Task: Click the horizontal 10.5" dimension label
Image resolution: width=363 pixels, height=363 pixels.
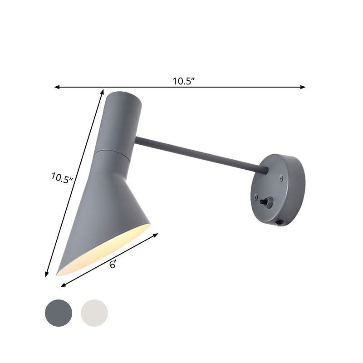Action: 183,81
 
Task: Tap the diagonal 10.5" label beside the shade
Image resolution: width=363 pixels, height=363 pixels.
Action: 62,177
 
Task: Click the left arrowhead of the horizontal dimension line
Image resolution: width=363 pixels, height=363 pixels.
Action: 56,87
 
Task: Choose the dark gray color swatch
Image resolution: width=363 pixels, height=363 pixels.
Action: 59,312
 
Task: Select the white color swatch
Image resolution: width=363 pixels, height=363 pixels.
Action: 94,312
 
